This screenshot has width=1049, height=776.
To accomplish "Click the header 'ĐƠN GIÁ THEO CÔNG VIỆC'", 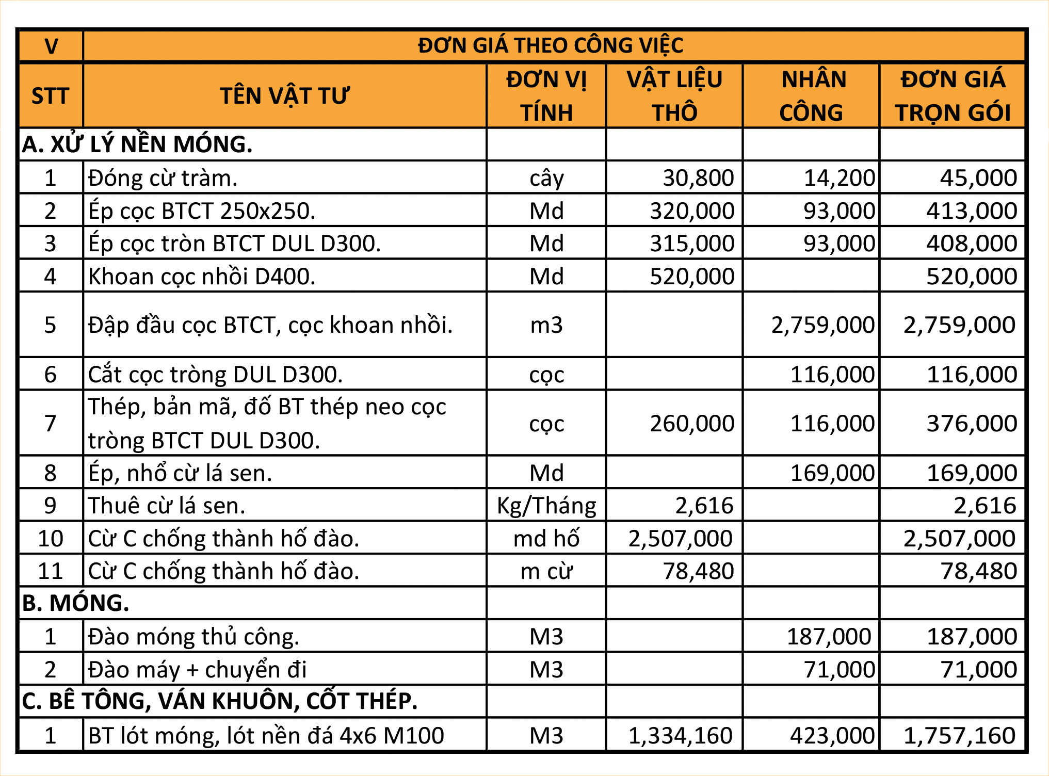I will click(x=551, y=46).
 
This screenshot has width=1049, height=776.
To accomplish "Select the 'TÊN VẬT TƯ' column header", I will click(x=284, y=96).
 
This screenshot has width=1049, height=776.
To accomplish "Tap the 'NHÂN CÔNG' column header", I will click(x=812, y=96).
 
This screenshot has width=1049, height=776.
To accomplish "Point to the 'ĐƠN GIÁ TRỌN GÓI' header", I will click(x=953, y=96).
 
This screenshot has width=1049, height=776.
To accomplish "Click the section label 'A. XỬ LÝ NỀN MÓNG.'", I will click(x=137, y=144).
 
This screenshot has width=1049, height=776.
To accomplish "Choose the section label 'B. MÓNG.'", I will click(x=76, y=603).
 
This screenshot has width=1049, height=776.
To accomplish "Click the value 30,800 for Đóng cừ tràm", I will click(x=698, y=178).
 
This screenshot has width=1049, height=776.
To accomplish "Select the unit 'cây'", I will click(x=546, y=178).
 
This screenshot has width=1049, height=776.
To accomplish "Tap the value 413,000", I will click(x=971, y=211).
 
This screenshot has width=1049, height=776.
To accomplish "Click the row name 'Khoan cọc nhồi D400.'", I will click(x=202, y=277).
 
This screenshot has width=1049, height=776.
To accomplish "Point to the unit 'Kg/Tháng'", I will click(x=546, y=506).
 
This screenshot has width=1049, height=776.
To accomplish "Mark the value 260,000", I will click(x=691, y=424).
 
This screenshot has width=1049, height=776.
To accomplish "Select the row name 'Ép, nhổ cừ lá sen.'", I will click(x=180, y=473).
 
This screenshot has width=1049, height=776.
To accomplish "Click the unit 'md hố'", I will click(x=546, y=539).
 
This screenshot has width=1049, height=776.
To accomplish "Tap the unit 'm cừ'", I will click(x=546, y=571).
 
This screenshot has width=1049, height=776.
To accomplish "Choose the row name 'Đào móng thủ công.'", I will click(x=193, y=637).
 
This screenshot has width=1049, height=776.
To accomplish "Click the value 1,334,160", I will click(x=680, y=736).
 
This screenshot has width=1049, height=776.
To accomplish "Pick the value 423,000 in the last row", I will click(x=832, y=736).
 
